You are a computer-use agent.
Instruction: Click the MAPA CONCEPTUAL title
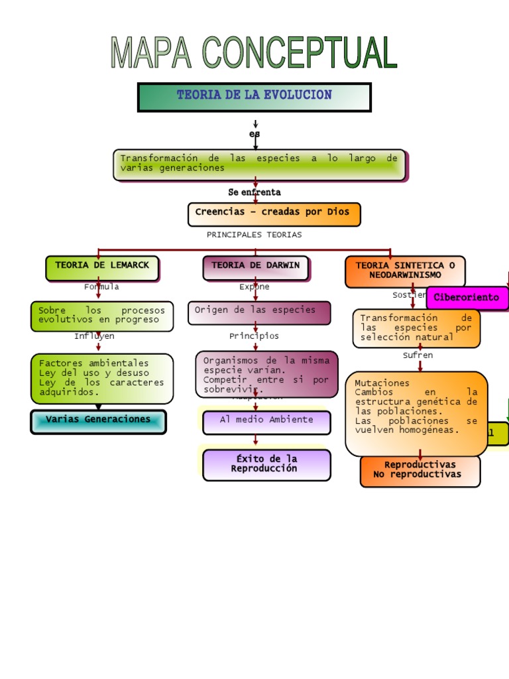(254, 54)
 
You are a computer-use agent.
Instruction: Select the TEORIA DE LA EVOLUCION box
(254, 97)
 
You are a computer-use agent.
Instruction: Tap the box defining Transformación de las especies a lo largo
(259, 164)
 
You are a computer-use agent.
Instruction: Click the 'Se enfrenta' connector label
(254, 192)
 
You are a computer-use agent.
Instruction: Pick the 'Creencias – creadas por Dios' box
(274, 214)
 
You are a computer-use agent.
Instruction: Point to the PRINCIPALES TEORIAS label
(254, 235)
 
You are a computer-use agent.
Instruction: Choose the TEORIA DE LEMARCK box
(102, 267)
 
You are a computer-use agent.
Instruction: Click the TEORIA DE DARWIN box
(256, 267)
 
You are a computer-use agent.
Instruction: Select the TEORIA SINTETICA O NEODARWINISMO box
(405, 271)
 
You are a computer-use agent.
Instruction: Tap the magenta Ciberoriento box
(467, 298)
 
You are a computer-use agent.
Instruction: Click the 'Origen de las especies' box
(258, 312)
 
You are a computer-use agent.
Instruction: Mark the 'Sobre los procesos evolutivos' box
(102, 316)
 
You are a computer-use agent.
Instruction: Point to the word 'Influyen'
(94, 336)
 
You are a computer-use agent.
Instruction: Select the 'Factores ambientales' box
(102, 378)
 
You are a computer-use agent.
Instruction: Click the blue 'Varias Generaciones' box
(98, 421)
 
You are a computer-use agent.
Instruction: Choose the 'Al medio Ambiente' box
(266, 422)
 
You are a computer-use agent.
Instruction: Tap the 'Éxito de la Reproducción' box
(266, 464)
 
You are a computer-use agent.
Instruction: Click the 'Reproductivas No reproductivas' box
(420, 470)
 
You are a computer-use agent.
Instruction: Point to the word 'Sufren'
(418, 355)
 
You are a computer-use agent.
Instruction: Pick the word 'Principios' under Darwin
(254, 336)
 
